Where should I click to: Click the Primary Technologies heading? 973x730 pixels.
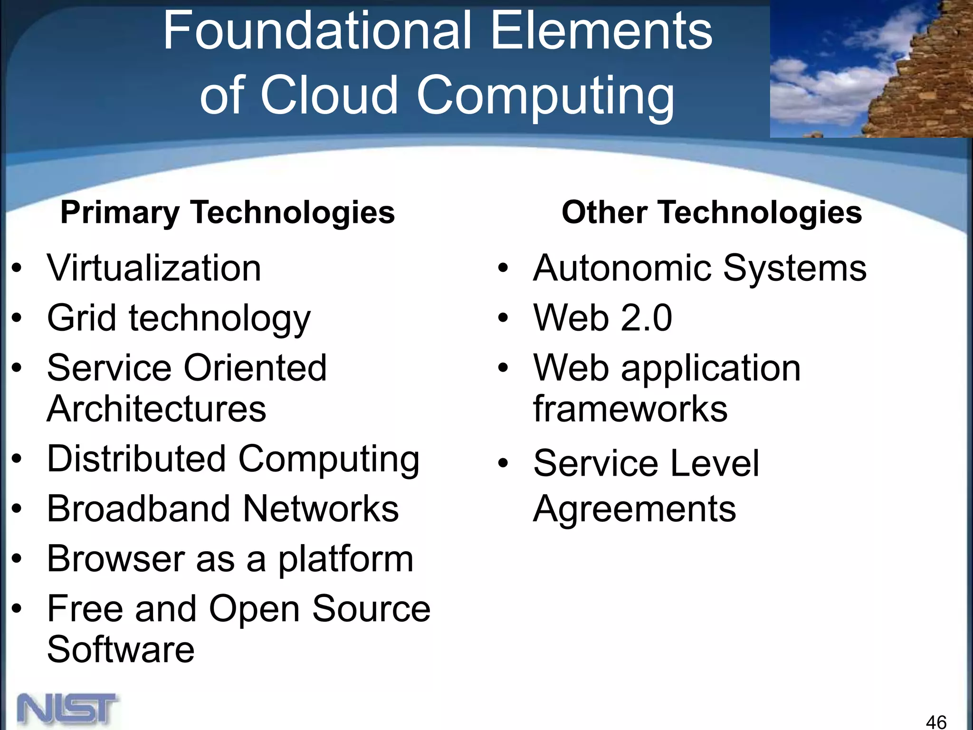tap(228, 212)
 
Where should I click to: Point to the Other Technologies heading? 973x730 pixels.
tap(712, 212)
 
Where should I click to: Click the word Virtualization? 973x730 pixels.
tap(154, 269)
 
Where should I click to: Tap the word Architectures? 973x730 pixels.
tap(156, 409)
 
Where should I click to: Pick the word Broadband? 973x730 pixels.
tap(138, 509)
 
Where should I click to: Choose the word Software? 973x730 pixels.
tap(121, 649)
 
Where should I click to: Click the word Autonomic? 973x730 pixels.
tap(622, 269)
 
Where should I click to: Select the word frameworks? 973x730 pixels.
tap(630, 409)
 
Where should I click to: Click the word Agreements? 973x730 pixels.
tap(634, 509)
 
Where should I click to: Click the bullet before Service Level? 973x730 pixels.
tap(503, 463)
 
